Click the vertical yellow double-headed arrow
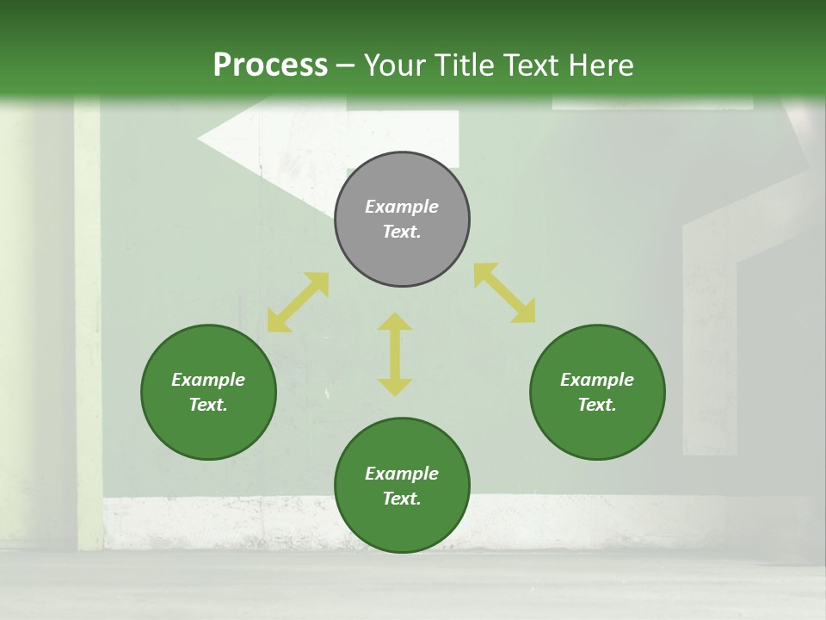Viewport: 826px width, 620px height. tap(395, 354)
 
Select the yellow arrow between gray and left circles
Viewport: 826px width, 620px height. tap(298, 302)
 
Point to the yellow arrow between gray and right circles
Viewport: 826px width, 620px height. tap(504, 293)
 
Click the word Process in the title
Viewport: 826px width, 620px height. tap(270, 65)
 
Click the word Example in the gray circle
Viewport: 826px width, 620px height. tap(402, 207)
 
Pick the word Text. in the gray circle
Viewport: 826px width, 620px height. tap(402, 232)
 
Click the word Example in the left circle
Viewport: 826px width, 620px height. tap(208, 380)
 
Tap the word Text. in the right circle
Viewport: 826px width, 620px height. tap(597, 405)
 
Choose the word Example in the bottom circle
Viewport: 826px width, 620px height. tap(402, 474)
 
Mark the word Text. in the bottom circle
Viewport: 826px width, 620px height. tap(402, 499)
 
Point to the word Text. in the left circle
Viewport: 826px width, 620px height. tap(208, 405)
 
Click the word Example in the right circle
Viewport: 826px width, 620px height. tap(597, 380)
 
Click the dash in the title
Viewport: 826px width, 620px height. tap(345, 65)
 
